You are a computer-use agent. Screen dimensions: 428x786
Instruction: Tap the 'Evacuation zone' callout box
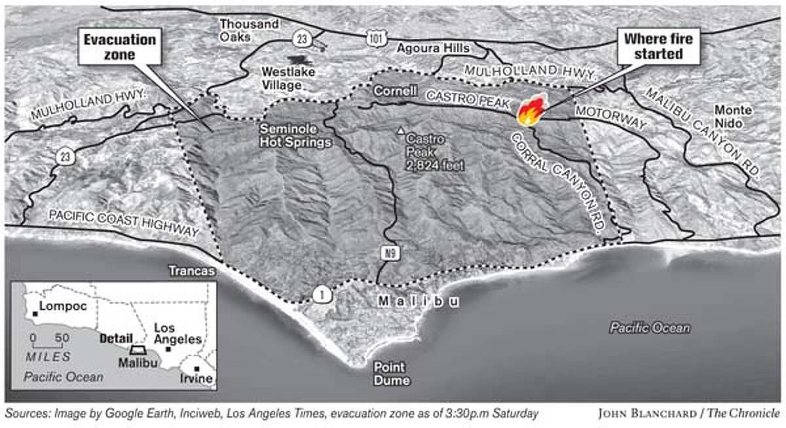pyautogui.click(x=120, y=47)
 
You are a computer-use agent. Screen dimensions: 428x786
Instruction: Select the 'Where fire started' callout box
pyautogui.click(x=658, y=46)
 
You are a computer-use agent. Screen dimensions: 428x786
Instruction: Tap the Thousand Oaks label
pyautogui.click(x=249, y=31)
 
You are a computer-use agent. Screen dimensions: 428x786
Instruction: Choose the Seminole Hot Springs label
pyautogui.click(x=294, y=135)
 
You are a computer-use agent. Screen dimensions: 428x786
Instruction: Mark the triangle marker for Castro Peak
pyautogui.click(x=401, y=131)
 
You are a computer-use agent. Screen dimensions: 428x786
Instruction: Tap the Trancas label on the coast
pyautogui.click(x=191, y=270)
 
